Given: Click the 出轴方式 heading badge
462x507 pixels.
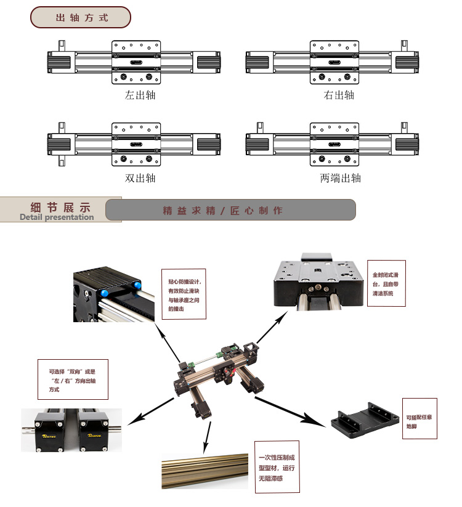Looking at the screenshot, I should (x=81, y=17).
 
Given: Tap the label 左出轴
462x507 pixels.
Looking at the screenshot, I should (x=140, y=95).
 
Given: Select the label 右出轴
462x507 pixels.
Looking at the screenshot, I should (x=339, y=95).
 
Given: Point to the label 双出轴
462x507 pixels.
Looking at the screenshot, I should (x=140, y=179).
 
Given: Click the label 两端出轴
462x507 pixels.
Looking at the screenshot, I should (x=340, y=179).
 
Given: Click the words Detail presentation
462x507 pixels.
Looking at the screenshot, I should (x=57, y=217).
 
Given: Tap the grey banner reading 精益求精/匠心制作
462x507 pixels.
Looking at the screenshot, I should (x=230, y=210).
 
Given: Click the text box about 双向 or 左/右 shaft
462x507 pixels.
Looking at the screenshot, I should (x=72, y=379).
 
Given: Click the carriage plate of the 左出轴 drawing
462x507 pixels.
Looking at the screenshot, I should (x=137, y=62).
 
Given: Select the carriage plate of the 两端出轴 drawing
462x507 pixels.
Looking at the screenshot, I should (x=334, y=145).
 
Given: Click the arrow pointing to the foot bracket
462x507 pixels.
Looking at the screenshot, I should (x=290, y=412).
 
